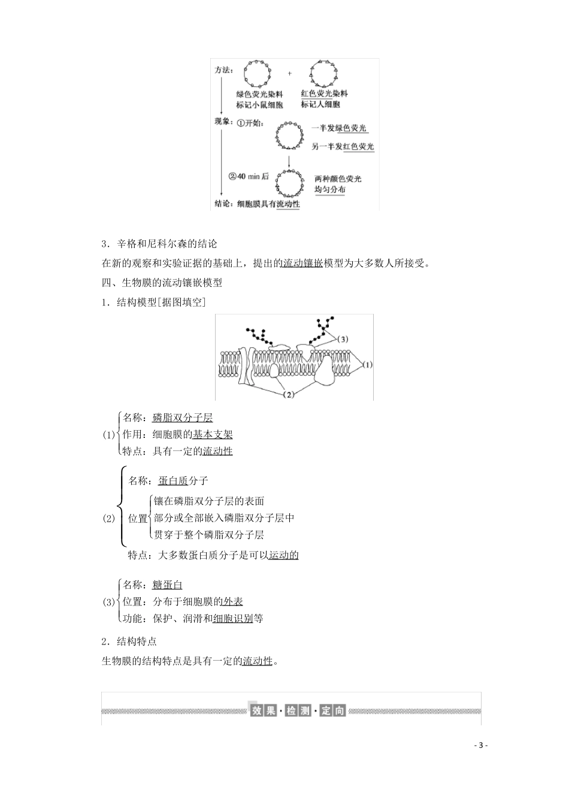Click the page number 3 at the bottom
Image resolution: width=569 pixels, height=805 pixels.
pyautogui.click(x=482, y=745)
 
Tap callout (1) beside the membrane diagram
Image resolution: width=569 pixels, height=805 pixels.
pyautogui.click(x=367, y=364)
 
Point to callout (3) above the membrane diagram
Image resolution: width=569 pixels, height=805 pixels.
pyautogui.click(x=341, y=339)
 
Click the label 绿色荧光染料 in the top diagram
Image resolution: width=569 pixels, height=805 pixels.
pyautogui.click(x=259, y=94)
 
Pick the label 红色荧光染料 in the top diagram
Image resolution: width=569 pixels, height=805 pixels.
pyautogui.click(x=324, y=94)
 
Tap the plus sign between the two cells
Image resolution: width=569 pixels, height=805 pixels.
pyautogui.click(x=290, y=74)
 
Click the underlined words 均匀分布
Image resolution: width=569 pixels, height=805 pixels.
pyautogui.click(x=330, y=189)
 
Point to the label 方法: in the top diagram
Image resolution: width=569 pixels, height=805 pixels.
pyautogui.click(x=223, y=70)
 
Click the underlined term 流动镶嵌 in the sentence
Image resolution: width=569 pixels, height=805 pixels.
pyautogui.click(x=302, y=263)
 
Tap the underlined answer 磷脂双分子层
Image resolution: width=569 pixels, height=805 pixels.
pyautogui.click(x=183, y=418)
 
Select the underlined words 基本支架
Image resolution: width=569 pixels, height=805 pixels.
pyautogui.click(x=213, y=435)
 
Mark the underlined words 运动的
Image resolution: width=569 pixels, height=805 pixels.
pyautogui.click(x=283, y=555)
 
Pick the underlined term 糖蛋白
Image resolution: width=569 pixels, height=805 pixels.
pyautogui.click(x=168, y=585)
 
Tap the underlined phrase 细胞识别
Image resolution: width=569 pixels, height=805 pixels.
pyautogui.click(x=233, y=618)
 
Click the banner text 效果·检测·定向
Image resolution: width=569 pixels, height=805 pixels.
pyautogui.click(x=298, y=711)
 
